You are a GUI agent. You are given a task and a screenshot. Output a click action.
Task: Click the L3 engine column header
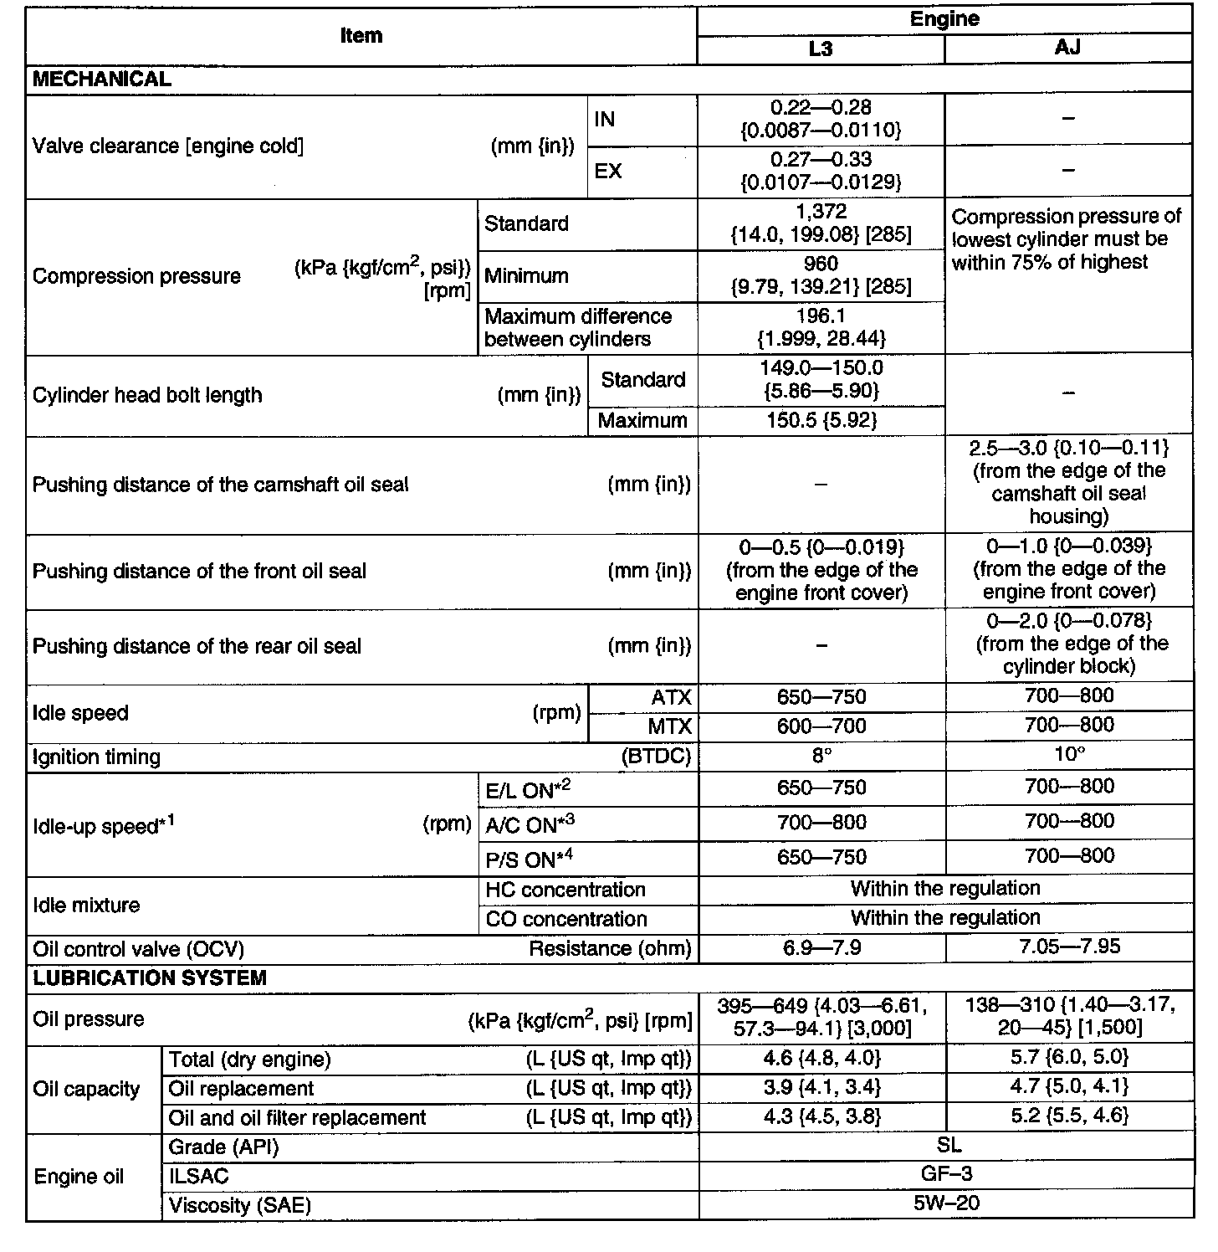(x=821, y=49)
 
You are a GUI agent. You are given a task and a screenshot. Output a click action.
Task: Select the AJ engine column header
(x=1067, y=48)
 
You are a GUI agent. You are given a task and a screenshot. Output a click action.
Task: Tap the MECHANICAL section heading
(x=101, y=80)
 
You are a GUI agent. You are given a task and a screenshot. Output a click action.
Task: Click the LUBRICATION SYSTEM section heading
(x=150, y=977)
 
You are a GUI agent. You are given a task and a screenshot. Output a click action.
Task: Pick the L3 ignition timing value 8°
(x=821, y=756)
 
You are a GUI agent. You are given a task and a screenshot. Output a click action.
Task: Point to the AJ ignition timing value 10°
(x=1068, y=755)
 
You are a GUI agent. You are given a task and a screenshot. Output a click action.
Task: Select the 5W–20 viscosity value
(x=946, y=1203)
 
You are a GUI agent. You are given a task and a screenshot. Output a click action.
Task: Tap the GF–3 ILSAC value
(x=946, y=1174)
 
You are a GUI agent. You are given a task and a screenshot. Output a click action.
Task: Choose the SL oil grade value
(x=946, y=1145)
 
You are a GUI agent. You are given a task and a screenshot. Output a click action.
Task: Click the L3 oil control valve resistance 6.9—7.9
(x=821, y=947)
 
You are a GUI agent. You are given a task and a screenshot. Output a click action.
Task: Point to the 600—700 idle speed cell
(x=821, y=726)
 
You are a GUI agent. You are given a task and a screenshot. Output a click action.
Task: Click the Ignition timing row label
(x=96, y=757)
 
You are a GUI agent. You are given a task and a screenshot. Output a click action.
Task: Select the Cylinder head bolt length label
(x=147, y=395)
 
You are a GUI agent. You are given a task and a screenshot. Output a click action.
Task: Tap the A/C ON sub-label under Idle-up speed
(x=530, y=824)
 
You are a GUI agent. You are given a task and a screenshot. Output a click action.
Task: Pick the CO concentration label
(x=566, y=919)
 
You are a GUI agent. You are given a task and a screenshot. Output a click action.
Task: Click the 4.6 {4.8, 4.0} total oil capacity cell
(x=821, y=1059)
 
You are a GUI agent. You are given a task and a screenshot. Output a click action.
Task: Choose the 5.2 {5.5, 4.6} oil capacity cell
(x=1069, y=1116)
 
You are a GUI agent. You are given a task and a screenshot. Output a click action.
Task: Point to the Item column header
(x=361, y=36)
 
